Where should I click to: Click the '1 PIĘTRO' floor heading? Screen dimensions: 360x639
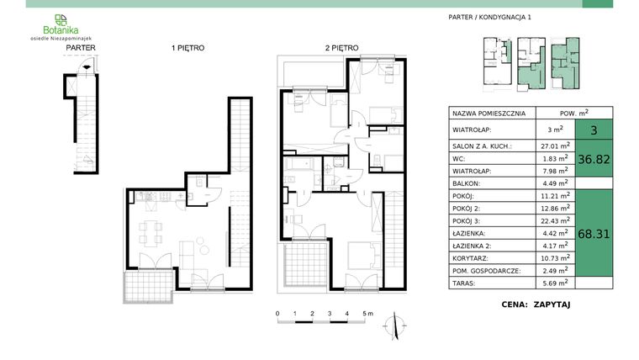click(x=187, y=49)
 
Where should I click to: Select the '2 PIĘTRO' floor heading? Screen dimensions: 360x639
click(x=341, y=49)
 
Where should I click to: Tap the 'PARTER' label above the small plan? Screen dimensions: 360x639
click(x=80, y=49)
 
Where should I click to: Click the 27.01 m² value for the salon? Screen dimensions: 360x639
click(x=554, y=145)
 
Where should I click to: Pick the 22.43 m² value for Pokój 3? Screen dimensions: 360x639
click(x=554, y=220)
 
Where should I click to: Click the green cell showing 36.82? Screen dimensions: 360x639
click(x=594, y=157)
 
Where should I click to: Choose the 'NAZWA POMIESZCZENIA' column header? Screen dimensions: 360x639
click(x=488, y=113)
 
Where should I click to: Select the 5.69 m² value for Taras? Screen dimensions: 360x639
click(x=554, y=283)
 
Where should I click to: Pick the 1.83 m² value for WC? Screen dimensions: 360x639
click(x=554, y=157)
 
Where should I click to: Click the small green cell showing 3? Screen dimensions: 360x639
click(x=594, y=130)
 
